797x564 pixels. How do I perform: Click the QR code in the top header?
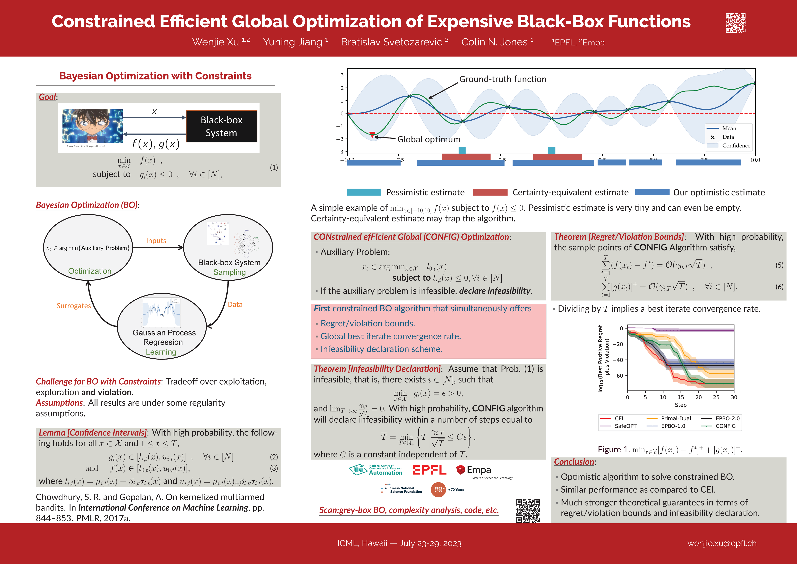coord(736,23)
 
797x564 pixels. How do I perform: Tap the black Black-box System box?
coord(221,127)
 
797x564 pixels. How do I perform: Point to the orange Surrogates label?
coord(74,306)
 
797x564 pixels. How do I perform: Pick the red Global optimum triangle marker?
coord(372,134)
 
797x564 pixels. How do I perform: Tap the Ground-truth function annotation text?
coord(503,79)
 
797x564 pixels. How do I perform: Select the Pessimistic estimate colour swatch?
coord(364,192)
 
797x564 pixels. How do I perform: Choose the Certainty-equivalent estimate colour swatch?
coord(490,192)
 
